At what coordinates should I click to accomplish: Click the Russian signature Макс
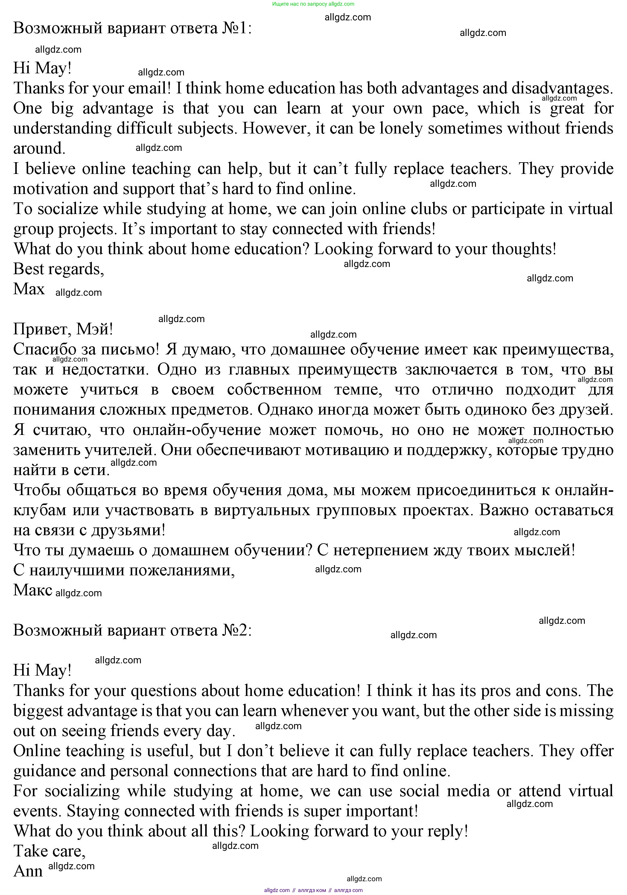coord(33,590)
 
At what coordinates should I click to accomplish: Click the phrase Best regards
coord(58,269)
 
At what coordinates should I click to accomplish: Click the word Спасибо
coord(44,349)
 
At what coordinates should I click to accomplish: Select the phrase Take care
coord(49,851)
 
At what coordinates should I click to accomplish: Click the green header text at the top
coord(313,4)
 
